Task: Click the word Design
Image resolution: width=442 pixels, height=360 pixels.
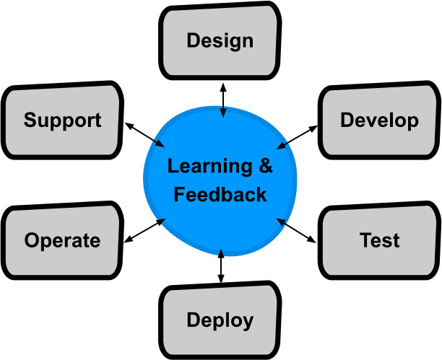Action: [x=220, y=41]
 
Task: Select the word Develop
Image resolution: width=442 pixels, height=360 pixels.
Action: [x=379, y=121]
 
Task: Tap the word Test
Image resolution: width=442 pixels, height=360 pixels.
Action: [x=379, y=240]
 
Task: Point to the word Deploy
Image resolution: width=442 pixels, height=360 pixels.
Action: [x=220, y=321]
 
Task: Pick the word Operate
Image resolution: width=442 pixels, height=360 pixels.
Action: [x=62, y=241]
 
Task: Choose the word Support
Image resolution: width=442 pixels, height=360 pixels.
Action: [x=62, y=121]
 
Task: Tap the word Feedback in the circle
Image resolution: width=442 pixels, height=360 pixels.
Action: [x=220, y=194]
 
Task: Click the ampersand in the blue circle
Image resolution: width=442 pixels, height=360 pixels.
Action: [x=266, y=165]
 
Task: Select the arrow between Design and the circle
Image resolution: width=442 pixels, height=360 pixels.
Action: [x=223, y=100]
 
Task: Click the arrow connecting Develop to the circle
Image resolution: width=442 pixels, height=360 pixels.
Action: [x=297, y=137]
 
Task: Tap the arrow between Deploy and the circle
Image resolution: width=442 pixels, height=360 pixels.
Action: [x=221, y=266]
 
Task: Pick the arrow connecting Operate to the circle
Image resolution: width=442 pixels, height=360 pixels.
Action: [x=144, y=230]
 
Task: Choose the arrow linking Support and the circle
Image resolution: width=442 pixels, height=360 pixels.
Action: [x=144, y=135]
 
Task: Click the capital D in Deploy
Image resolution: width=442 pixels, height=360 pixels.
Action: [x=194, y=320]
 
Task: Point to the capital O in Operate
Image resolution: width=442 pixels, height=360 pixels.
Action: [x=32, y=240]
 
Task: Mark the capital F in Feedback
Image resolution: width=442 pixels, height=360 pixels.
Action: [x=180, y=194]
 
